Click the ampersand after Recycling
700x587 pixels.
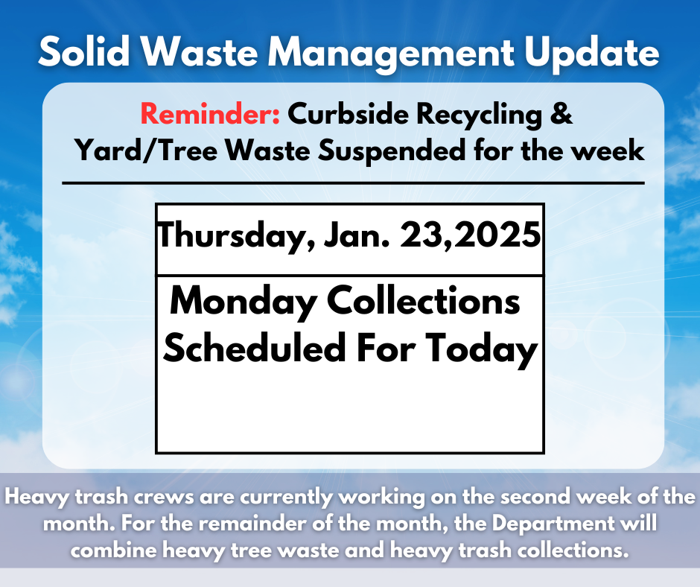(564, 115)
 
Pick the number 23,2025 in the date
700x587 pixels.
(471, 237)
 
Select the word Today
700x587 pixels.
(486, 348)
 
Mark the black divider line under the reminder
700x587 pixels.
(353, 183)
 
